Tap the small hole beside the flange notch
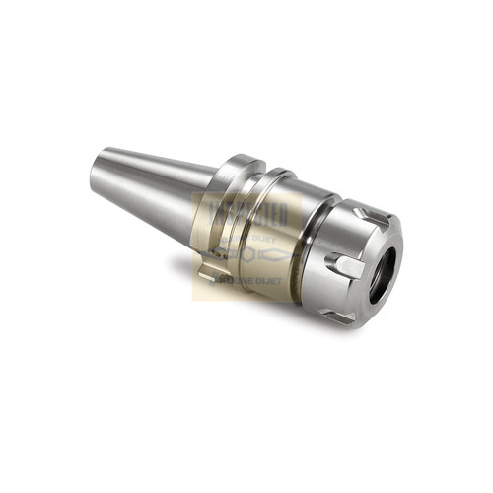pos(218,252)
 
